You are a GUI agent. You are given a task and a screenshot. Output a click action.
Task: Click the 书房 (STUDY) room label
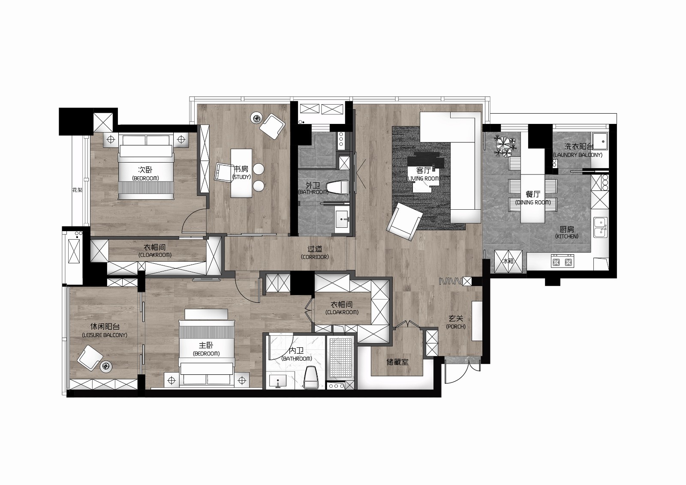click(x=241, y=172)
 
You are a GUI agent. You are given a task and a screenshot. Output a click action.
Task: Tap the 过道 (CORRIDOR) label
click(x=315, y=253)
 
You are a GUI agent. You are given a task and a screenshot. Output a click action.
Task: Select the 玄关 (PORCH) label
click(x=456, y=322)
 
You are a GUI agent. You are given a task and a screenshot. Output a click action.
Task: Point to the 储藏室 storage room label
click(x=397, y=362)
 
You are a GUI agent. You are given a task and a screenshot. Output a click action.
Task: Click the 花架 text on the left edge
click(x=78, y=190)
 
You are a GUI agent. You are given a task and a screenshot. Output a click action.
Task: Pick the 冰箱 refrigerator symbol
click(x=508, y=261)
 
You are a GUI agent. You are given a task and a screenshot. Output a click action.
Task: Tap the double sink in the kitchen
click(x=600, y=227)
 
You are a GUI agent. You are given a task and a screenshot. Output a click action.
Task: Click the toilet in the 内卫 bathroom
click(x=311, y=378)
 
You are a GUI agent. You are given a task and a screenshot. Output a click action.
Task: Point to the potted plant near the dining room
click(x=505, y=146)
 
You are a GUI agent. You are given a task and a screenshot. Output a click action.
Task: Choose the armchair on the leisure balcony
click(x=90, y=358)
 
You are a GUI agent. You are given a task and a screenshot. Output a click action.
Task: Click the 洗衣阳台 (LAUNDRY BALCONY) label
click(x=578, y=151)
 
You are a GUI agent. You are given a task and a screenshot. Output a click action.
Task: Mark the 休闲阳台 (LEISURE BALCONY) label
click(x=105, y=331)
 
